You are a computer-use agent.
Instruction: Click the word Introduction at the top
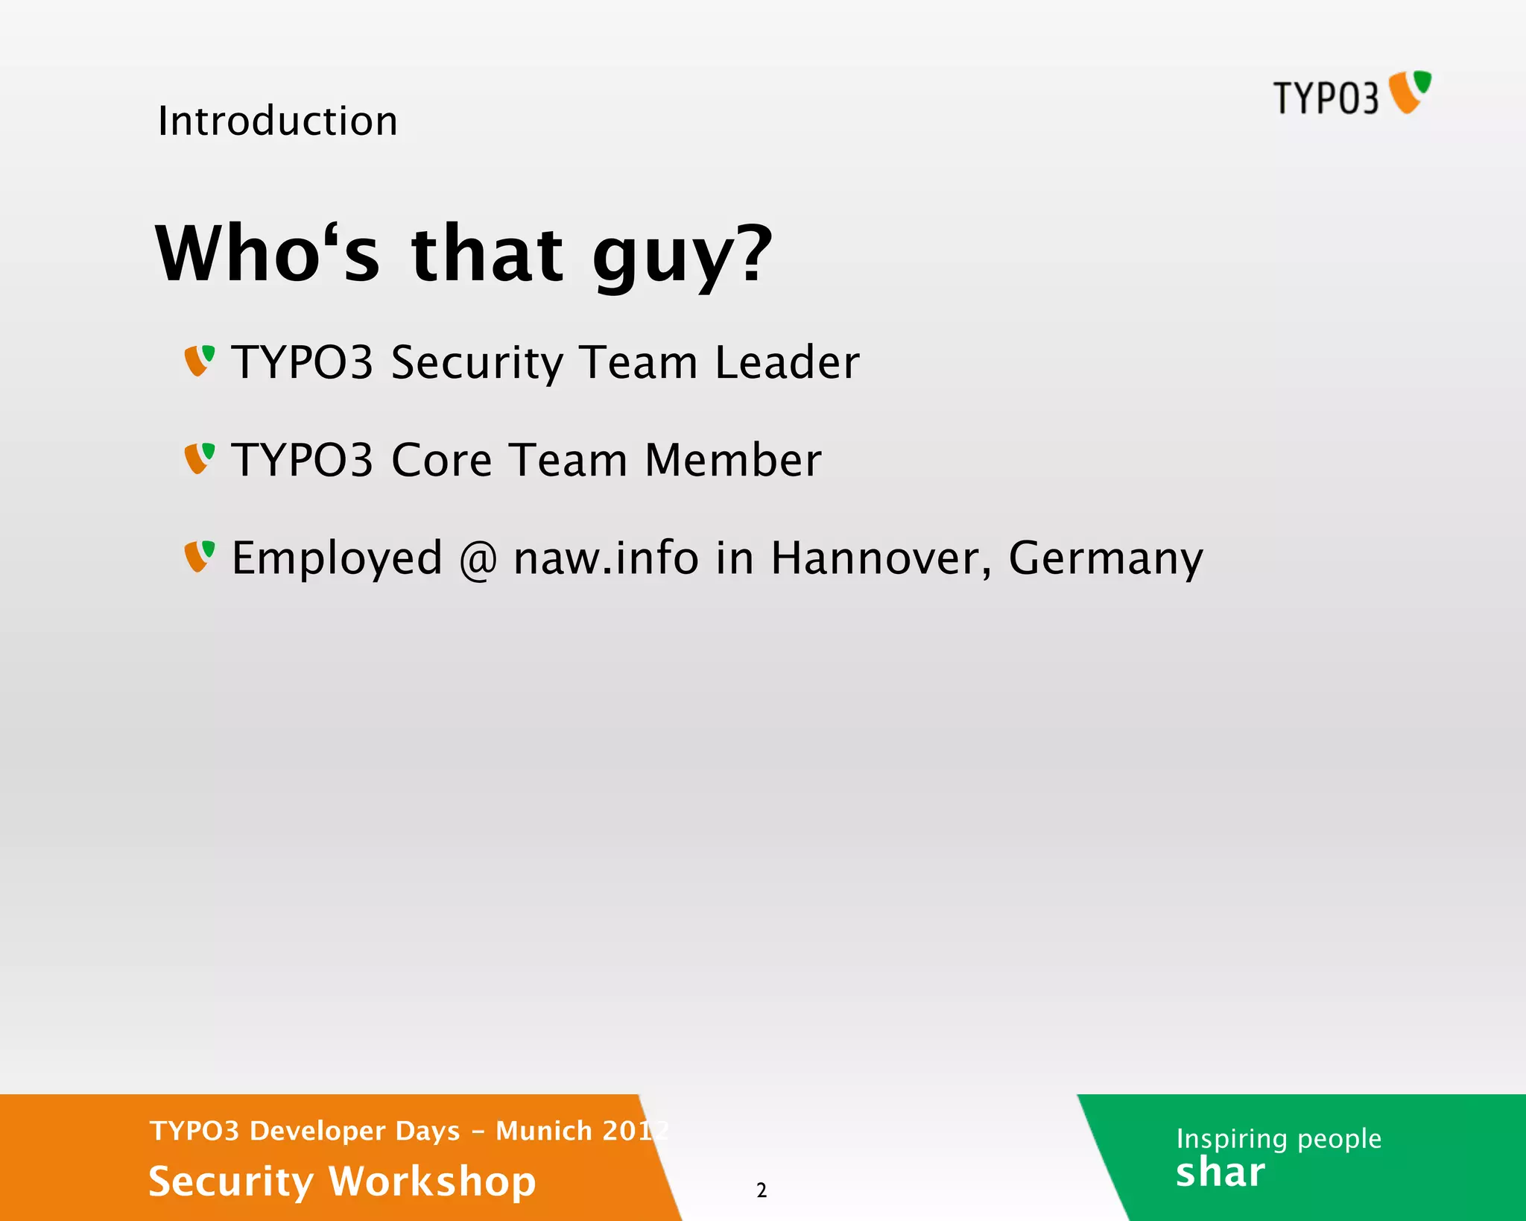coord(278,121)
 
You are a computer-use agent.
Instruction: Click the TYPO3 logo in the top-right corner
coord(1352,95)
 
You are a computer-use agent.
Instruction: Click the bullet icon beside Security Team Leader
coord(200,361)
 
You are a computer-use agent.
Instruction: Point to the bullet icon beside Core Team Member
coord(200,458)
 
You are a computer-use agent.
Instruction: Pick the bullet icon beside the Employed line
coord(200,556)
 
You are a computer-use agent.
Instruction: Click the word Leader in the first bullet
coord(787,362)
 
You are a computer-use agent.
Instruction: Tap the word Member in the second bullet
coord(733,460)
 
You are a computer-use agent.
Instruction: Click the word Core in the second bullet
coord(441,460)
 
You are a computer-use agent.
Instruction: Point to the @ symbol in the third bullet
coord(478,559)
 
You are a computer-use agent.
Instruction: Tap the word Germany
coord(1105,559)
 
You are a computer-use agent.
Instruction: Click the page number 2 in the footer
coord(762,1190)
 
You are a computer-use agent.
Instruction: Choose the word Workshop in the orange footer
coord(432,1181)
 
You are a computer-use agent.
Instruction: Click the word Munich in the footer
coord(544,1131)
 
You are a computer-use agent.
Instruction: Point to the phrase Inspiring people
coord(1279,1138)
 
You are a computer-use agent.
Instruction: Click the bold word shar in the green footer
coord(1221,1173)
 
